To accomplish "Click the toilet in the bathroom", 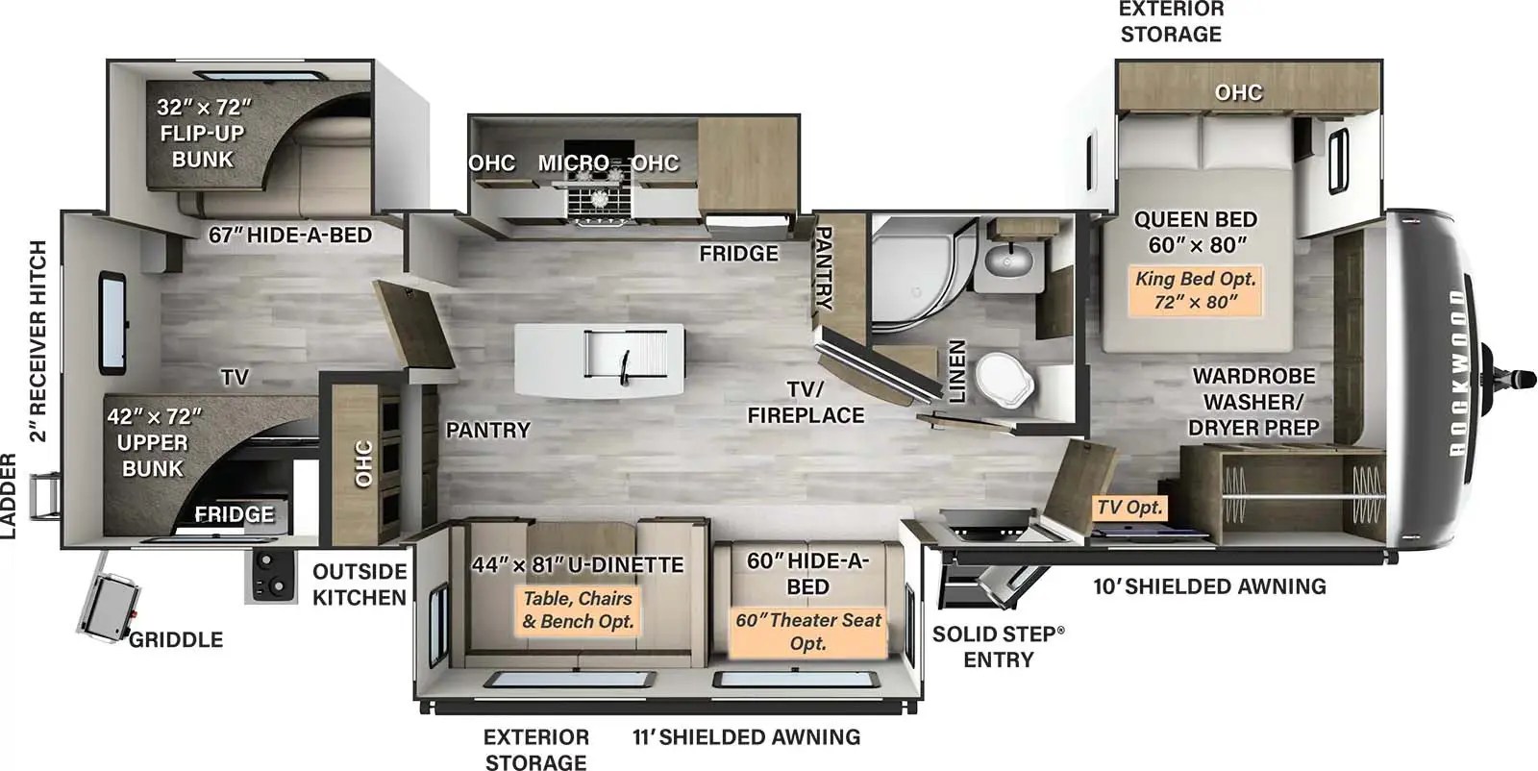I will pyautogui.click(x=1005, y=377).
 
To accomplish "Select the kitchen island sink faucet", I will pyautogui.click(x=625, y=364).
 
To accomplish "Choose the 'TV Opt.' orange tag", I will pyautogui.click(x=1130, y=507).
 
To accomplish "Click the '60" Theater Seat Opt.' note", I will pyautogui.click(x=807, y=632).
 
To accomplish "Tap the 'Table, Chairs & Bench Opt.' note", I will pyautogui.click(x=578, y=609).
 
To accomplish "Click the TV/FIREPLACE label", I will pyautogui.click(x=806, y=402).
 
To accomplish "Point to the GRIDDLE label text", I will pyautogui.click(x=176, y=639).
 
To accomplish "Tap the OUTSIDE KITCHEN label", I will pyautogui.click(x=360, y=584).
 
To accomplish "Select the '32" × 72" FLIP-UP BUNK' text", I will pyautogui.click(x=203, y=133).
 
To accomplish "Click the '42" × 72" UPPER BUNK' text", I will pyautogui.click(x=153, y=442).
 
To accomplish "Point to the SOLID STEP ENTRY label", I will pyautogui.click(x=999, y=646).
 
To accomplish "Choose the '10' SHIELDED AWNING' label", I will pyautogui.click(x=1209, y=586).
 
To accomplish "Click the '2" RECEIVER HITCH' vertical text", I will pyautogui.click(x=37, y=341).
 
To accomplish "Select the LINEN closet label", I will pyautogui.click(x=957, y=371).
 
